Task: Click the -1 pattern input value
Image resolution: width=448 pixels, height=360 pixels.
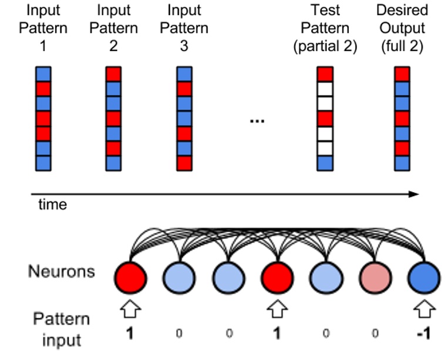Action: tap(423, 333)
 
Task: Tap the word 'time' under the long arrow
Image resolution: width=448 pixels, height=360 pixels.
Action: tap(52, 205)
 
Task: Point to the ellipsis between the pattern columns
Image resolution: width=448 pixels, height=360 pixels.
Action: tap(257, 120)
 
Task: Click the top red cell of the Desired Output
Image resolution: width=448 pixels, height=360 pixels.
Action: tap(402, 74)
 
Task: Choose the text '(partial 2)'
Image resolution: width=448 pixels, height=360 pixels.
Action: tap(325, 45)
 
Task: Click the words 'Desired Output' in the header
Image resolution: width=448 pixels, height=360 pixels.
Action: tap(402, 19)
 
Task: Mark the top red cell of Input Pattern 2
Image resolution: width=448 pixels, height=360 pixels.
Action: tap(113, 74)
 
